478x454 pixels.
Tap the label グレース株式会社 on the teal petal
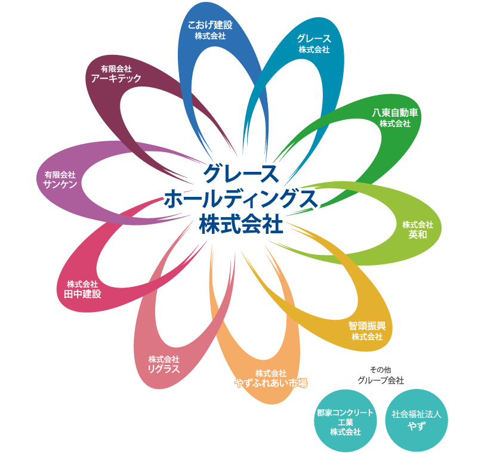[x=314, y=44]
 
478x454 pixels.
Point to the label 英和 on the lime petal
[x=417, y=234]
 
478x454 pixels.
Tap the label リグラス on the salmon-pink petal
[x=164, y=369]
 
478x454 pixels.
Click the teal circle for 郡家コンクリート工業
[x=346, y=422]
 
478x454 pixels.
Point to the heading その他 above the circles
[x=381, y=369]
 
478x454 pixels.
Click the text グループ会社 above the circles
[x=381, y=380]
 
